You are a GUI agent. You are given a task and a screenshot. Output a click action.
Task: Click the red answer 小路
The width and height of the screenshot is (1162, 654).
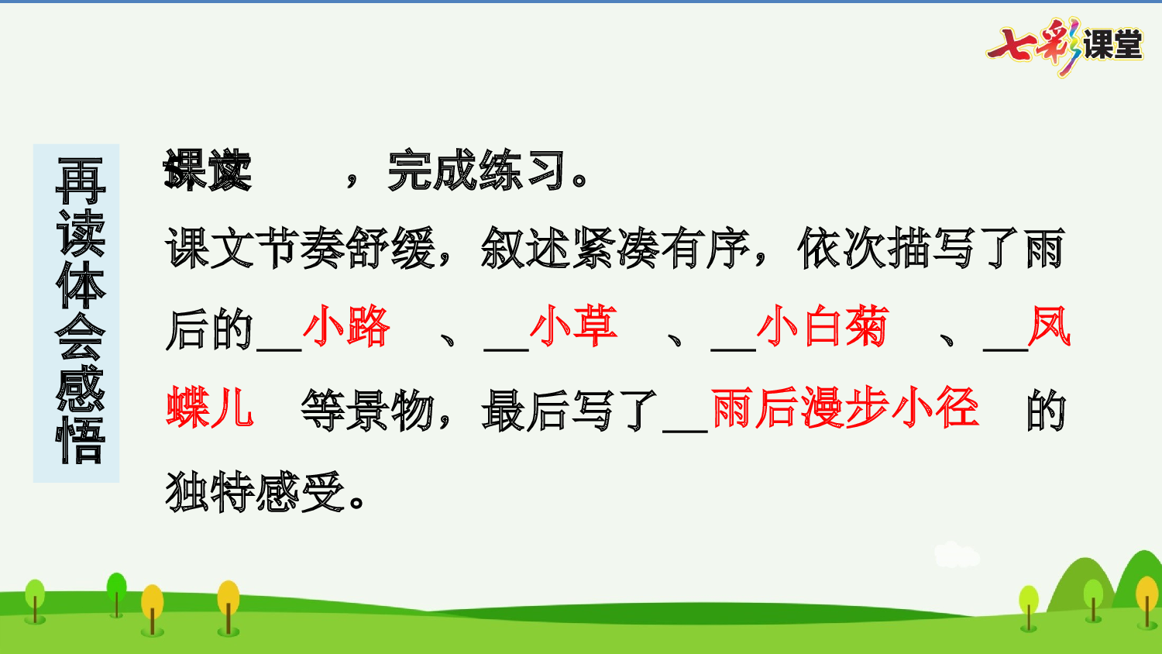pyautogui.click(x=346, y=327)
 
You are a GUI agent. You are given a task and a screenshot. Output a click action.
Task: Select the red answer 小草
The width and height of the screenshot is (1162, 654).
pyautogui.click(x=573, y=327)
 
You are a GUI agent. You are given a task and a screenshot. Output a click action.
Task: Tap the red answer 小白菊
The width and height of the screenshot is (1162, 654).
pyautogui.click(x=822, y=327)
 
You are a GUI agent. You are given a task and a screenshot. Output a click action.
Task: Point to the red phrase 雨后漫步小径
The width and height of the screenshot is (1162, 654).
pyautogui.click(x=844, y=408)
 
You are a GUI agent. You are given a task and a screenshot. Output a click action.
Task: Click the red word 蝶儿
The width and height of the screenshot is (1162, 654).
pyautogui.click(x=210, y=408)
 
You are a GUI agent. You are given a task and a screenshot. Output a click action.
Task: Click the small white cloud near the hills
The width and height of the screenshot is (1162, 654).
pyautogui.click(x=957, y=555)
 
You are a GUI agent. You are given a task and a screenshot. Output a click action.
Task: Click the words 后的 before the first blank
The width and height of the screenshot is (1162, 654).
pyautogui.click(x=209, y=329)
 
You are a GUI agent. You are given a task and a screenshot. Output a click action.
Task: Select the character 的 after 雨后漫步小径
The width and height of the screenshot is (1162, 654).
pyautogui.click(x=1046, y=411)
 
